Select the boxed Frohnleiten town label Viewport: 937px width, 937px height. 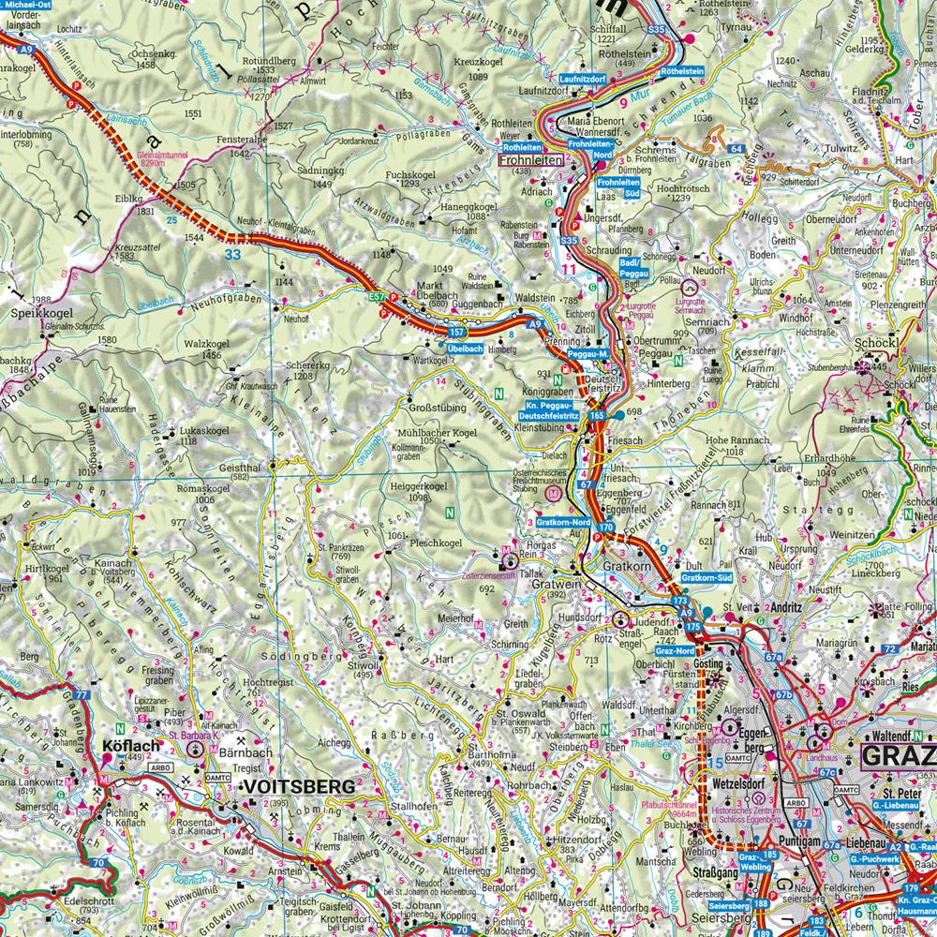click(x=531, y=160)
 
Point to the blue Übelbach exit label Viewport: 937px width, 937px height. click(x=465, y=348)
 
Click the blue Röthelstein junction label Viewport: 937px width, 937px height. click(x=682, y=71)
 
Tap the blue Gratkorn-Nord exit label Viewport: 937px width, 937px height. click(x=562, y=520)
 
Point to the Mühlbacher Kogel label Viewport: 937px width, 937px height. click(x=438, y=433)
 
